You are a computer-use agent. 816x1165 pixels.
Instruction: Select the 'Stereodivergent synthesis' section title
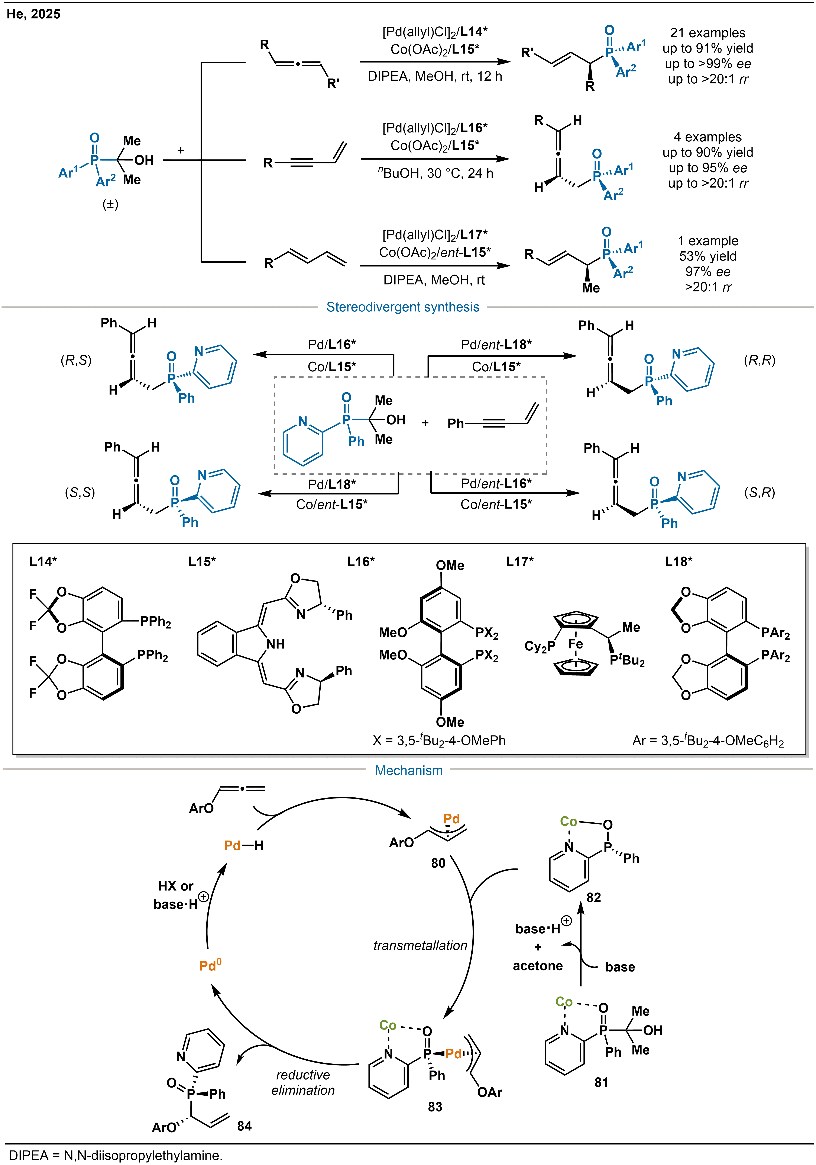click(402, 307)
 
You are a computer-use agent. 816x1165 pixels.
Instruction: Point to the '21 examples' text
click(707, 33)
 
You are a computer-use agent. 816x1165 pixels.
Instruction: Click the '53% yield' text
click(707, 256)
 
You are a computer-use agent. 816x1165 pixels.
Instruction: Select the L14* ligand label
click(43, 562)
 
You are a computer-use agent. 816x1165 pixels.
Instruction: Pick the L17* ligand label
click(520, 562)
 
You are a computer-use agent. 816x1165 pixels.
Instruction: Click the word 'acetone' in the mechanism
click(538, 966)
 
